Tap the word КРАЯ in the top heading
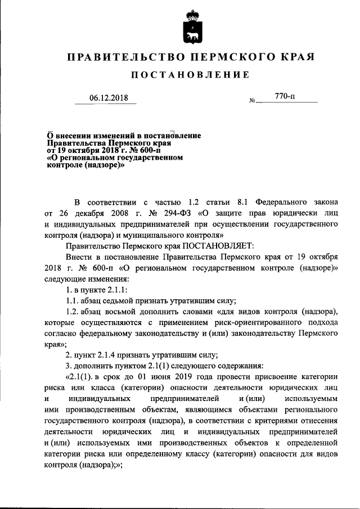[x=295, y=57]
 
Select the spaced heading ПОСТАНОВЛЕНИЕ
[x=191, y=75]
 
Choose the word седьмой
[x=121, y=300]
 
